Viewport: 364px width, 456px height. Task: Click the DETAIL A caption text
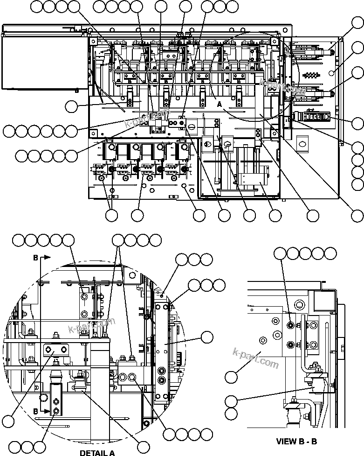click(97, 452)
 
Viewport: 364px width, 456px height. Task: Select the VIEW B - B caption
click(296, 441)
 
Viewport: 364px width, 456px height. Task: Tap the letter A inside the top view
click(220, 105)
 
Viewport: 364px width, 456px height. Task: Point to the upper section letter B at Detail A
click(35, 257)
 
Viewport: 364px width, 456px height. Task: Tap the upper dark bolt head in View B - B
click(291, 325)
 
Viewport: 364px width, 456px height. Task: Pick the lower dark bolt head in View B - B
click(291, 345)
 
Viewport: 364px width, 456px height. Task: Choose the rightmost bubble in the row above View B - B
click(330, 253)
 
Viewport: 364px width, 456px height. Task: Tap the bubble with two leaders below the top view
click(111, 215)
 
